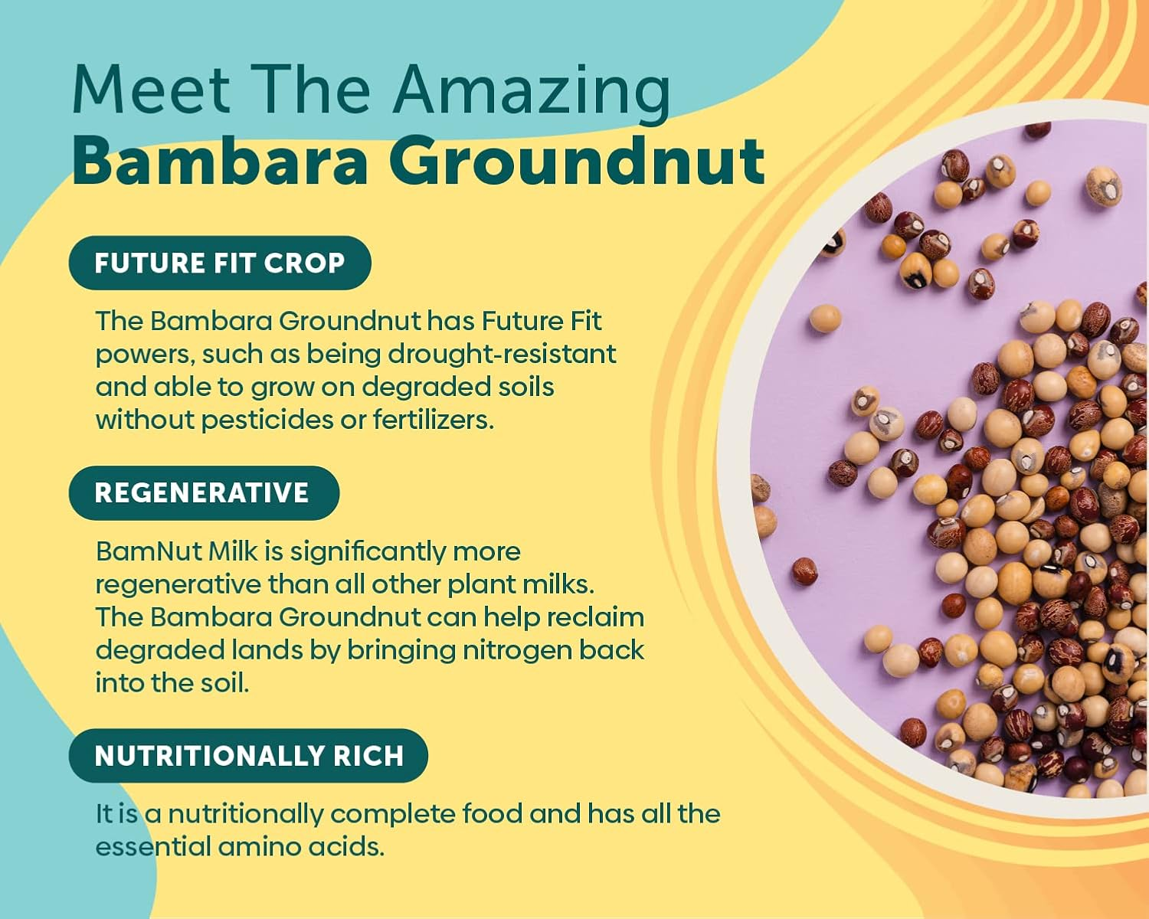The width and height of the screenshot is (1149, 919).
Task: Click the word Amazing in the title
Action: tap(532, 91)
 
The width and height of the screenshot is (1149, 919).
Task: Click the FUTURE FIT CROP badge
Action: tap(220, 263)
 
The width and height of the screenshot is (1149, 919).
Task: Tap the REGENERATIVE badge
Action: tap(203, 492)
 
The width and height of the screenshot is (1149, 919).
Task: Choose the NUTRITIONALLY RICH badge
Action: tap(249, 756)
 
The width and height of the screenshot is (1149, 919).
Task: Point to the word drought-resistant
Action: tap(501, 354)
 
